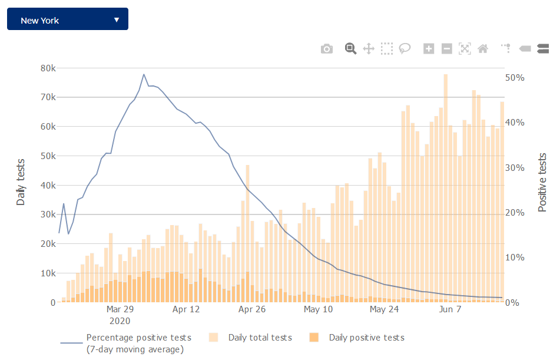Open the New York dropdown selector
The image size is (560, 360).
tap(67, 20)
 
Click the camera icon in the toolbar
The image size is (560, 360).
tap(327, 49)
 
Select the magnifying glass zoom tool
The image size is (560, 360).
tap(350, 48)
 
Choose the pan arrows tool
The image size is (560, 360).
tap(369, 49)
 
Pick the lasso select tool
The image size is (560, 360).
tap(405, 49)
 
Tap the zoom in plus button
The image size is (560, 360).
tap(429, 49)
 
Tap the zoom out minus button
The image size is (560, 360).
tap(447, 49)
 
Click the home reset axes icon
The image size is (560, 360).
tap(482, 49)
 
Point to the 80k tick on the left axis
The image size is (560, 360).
tap(47, 68)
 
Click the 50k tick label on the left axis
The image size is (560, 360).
tap(47, 156)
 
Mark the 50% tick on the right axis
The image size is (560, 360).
tap(515, 78)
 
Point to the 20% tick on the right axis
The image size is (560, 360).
tap(515, 213)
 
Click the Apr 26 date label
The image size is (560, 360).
tap(253, 309)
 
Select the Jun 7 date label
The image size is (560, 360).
tap(450, 309)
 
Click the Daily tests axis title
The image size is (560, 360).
tap(21, 181)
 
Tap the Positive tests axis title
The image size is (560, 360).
tap(542, 183)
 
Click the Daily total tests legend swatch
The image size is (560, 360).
tap(214, 338)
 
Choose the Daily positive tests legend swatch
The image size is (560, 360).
tap(314, 338)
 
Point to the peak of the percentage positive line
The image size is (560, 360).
tap(144, 75)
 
